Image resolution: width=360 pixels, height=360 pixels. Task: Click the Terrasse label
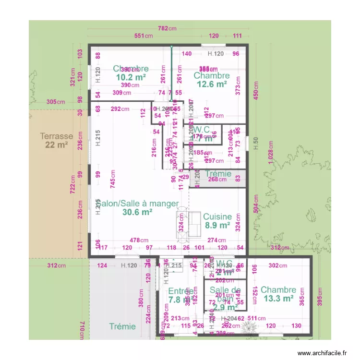57,136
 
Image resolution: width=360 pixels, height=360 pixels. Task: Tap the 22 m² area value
57,144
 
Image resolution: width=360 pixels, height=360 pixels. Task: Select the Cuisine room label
217,216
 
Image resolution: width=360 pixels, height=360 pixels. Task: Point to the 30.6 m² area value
137,212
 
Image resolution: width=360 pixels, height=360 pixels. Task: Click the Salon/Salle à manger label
137,204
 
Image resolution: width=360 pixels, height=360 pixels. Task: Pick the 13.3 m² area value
278,298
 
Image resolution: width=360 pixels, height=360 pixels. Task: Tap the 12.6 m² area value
212,84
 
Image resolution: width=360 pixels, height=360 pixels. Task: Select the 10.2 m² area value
131,77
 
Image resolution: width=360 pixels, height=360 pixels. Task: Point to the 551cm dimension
143,36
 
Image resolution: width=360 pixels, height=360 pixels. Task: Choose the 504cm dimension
256,209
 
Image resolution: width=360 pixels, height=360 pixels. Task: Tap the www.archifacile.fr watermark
322,353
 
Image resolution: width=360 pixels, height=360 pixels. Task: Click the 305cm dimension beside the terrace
56,102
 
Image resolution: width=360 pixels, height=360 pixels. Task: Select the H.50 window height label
256,143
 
